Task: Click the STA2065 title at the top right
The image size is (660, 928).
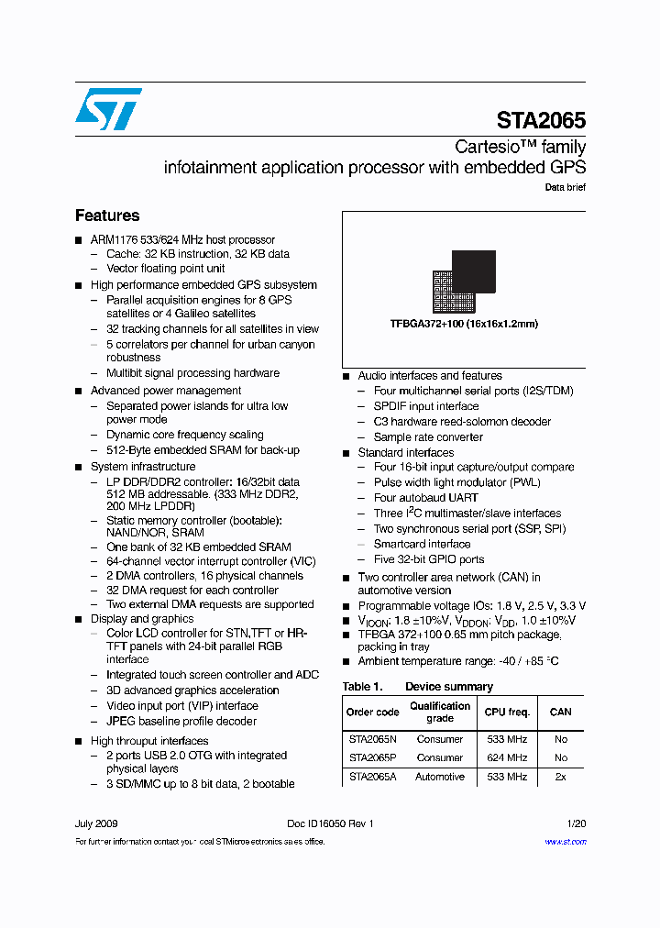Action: pyautogui.click(x=541, y=121)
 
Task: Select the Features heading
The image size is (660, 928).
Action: pyautogui.click(x=107, y=215)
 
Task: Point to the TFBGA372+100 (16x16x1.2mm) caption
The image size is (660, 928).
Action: pyautogui.click(x=464, y=324)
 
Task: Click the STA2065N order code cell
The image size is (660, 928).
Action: pyautogui.click(x=373, y=738)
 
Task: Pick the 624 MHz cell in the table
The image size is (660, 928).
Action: pyautogui.click(x=506, y=757)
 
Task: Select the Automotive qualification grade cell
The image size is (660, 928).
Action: pyautogui.click(x=440, y=777)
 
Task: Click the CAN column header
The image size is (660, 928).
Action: pyautogui.click(x=560, y=712)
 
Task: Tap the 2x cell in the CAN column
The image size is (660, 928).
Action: pyautogui.click(x=560, y=777)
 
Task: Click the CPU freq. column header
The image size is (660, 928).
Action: pyautogui.click(x=506, y=712)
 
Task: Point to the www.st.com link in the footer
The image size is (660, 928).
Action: pyautogui.click(x=565, y=841)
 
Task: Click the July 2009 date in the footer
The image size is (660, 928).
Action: pyautogui.click(x=96, y=823)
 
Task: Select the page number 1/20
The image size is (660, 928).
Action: pyautogui.click(x=576, y=823)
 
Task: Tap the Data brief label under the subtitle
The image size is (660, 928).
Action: pyautogui.click(x=565, y=187)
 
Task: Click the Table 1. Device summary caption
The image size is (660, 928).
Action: pyautogui.click(x=417, y=686)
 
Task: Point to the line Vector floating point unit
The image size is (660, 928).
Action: pyautogui.click(x=165, y=269)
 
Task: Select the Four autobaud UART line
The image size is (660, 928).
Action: pyautogui.click(x=425, y=498)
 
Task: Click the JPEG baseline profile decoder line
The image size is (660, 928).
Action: pyautogui.click(x=181, y=721)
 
